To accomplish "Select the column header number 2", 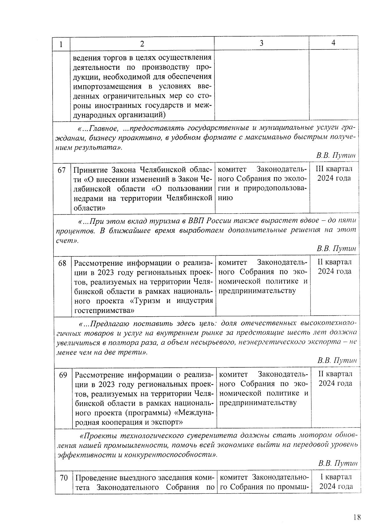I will pos(142,44).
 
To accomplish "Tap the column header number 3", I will pos(262,43).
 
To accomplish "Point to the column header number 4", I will pos(333,43).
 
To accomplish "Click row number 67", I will pos(62,170).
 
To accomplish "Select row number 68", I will pos(62,263).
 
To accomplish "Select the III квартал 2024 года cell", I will pos(334,174).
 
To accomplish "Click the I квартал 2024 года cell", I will pos(336,482).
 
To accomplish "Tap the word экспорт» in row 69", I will pos(168,422).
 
